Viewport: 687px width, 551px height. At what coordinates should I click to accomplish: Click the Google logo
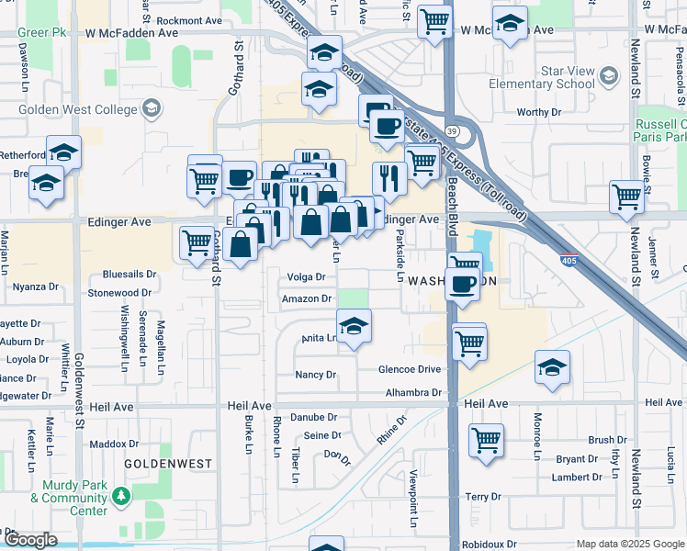pos(30,540)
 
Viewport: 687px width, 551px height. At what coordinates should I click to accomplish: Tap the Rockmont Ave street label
pos(189,20)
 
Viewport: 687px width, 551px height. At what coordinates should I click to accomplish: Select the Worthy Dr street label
pos(538,112)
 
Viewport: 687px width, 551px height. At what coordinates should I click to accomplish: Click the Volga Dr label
pos(306,276)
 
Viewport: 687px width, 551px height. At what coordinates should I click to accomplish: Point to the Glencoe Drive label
pos(410,369)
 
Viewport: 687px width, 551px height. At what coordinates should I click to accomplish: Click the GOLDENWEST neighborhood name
pos(168,465)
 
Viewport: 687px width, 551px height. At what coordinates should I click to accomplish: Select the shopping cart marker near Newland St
pos(626,196)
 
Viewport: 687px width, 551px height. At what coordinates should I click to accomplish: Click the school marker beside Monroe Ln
pos(552,367)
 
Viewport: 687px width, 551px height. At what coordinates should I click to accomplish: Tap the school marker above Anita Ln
pos(354,325)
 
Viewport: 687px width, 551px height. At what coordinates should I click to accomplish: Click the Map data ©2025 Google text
pos(629,544)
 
